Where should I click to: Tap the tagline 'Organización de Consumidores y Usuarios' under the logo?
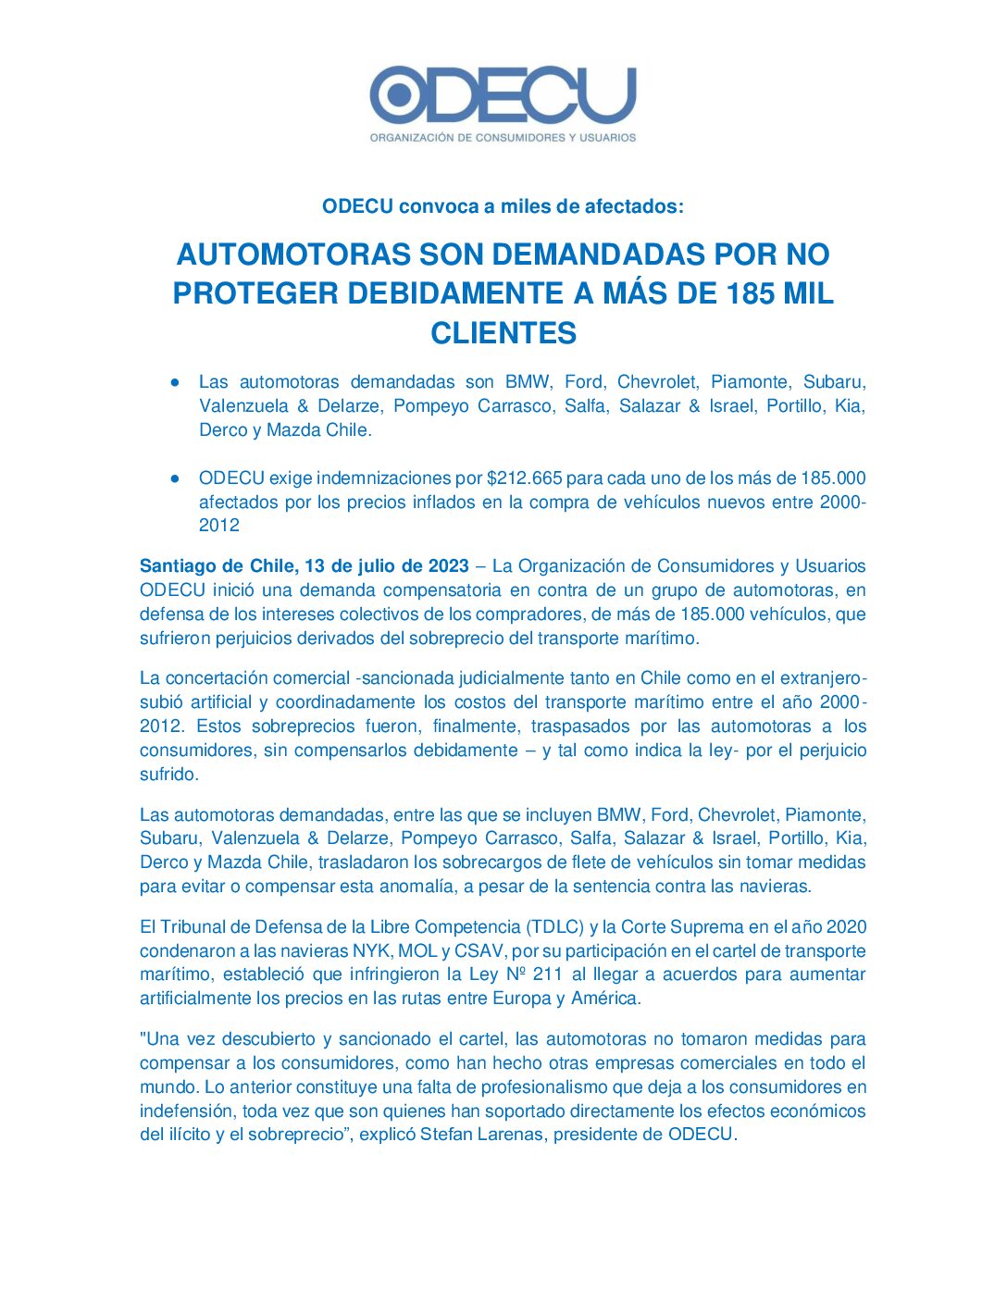pos(503,138)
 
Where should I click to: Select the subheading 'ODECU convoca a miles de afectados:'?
pos(503,206)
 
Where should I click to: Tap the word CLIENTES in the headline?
pos(503,333)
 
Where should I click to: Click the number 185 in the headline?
pos(751,293)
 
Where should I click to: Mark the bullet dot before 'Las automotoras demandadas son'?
pos(174,382)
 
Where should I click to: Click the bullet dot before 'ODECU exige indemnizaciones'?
pos(174,478)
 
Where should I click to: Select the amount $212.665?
pos(524,478)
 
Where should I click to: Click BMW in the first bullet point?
pos(527,382)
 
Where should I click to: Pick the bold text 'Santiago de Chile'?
pos(217,566)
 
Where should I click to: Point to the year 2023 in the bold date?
pos(449,566)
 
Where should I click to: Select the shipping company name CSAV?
pos(479,951)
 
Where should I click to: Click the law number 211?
pos(548,974)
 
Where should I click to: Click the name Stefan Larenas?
pos(481,1135)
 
